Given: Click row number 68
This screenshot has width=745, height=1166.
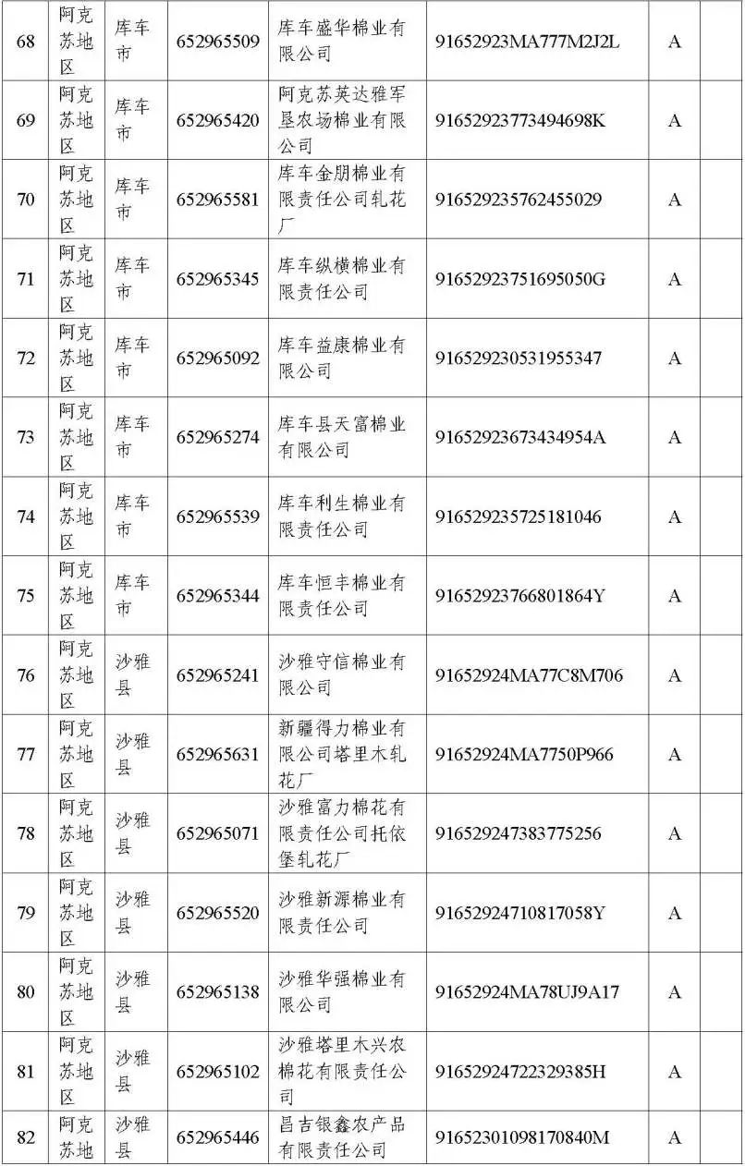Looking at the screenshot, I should (x=26, y=42).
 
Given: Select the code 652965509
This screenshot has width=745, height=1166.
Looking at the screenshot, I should (x=217, y=42).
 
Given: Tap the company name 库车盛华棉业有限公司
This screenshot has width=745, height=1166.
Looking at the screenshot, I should (x=342, y=42).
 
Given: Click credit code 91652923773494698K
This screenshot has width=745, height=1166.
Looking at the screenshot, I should (x=520, y=121).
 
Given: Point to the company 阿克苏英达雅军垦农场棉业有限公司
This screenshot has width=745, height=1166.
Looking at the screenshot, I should (x=342, y=120).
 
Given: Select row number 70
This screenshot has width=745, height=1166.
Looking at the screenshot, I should (x=26, y=200).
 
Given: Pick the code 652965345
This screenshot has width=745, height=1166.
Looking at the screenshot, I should (x=217, y=279).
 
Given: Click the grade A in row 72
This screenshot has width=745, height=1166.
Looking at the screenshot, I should (x=675, y=358).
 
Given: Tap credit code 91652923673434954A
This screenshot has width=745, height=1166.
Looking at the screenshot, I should (x=520, y=437).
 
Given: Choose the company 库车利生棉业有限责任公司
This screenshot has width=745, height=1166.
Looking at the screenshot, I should (x=342, y=516).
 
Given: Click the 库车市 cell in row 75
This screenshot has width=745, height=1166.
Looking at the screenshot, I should (x=131, y=596).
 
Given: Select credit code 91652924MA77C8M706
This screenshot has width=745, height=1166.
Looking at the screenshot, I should (x=529, y=675).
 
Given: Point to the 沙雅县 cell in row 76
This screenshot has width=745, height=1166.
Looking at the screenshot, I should (x=131, y=675).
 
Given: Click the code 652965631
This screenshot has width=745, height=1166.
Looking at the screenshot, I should (x=217, y=755).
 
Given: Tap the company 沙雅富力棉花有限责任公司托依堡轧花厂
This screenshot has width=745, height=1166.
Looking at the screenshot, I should (x=342, y=833).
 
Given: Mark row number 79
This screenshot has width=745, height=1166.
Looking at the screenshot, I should (x=26, y=913).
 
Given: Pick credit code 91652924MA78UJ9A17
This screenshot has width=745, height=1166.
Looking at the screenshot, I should (x=527, y=992).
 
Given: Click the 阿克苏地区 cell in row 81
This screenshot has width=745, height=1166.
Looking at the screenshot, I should (x=76, y=1072).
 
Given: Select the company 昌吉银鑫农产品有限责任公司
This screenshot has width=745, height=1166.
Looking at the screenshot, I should (x=342, y=1137).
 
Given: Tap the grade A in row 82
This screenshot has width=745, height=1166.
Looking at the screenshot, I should (x=675, y=1137).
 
